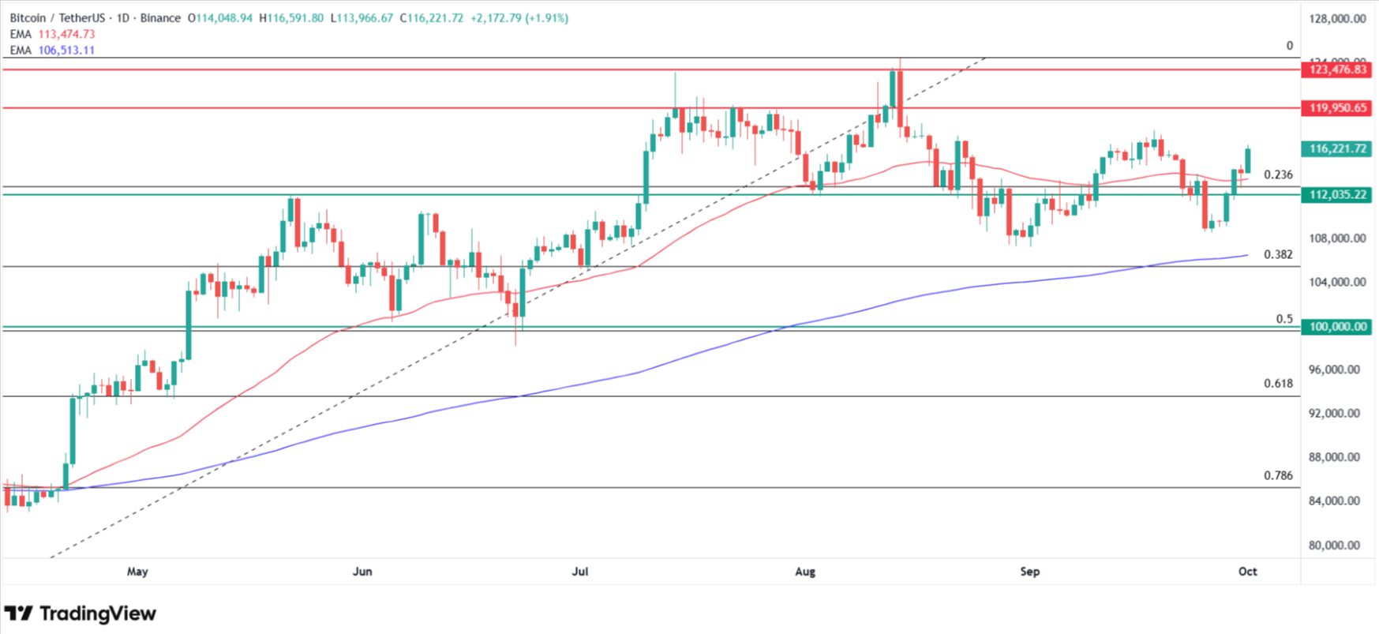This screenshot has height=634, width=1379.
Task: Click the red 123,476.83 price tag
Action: click(1337, 69)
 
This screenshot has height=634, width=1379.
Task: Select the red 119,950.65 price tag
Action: click(1337, 108)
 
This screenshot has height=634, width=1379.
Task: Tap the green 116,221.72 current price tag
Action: click(1337, 148)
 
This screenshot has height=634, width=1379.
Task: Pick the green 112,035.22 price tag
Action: click(1337, 194)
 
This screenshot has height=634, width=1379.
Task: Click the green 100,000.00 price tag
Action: click(1337, 326)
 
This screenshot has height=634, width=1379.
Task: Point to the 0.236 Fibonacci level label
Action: click(1278, 174)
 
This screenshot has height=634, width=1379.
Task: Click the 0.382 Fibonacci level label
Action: click(1278, 254)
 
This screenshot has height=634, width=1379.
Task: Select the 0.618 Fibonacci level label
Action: click(1278, 383)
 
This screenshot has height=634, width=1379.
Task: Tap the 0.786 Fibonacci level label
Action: click(1278, 475)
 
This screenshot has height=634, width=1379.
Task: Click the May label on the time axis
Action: click(137, 571)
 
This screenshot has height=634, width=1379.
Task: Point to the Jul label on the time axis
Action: click(580, 571)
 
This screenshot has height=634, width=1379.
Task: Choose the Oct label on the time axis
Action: click(1247, 571)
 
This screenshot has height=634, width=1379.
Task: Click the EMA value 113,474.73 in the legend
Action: click(66, 34)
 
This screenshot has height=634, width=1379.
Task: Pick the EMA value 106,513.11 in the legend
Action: click(66, 50)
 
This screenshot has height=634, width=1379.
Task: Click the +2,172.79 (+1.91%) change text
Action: click(519, 17)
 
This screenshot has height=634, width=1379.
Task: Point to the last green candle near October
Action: click(1248, 160)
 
